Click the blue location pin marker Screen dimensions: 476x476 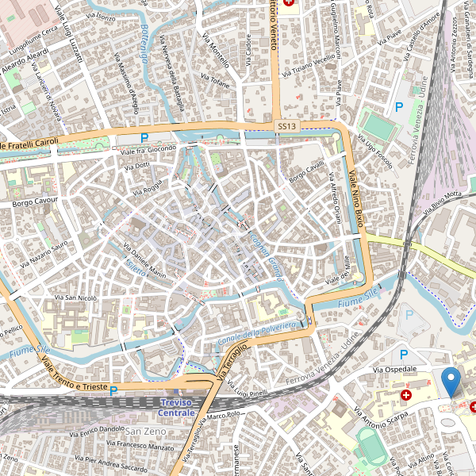click(451, 382)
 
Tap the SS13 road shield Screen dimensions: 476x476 click(286, 126)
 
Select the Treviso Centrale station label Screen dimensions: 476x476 click(175, 408)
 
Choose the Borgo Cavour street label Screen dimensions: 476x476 click(36, 203)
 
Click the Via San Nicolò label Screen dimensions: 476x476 click(75, 297)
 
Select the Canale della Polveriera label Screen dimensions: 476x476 click(256, 333)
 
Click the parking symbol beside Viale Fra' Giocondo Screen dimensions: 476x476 click(144, 138)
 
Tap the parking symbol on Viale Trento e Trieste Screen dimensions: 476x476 click(113, 390)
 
